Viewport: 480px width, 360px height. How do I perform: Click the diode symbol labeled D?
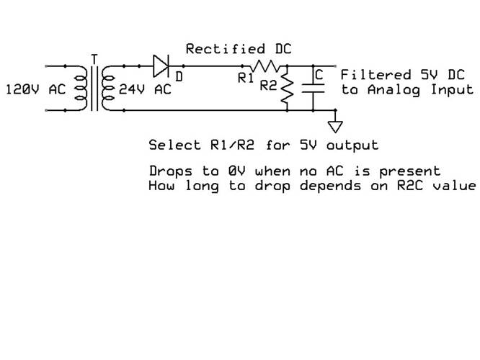161,66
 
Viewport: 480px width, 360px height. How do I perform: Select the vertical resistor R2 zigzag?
288,89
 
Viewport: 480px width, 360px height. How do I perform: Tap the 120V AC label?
35,91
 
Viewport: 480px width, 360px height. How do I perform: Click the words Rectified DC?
235,49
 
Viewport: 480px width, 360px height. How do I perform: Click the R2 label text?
268,86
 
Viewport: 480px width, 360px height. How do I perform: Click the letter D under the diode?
179,75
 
